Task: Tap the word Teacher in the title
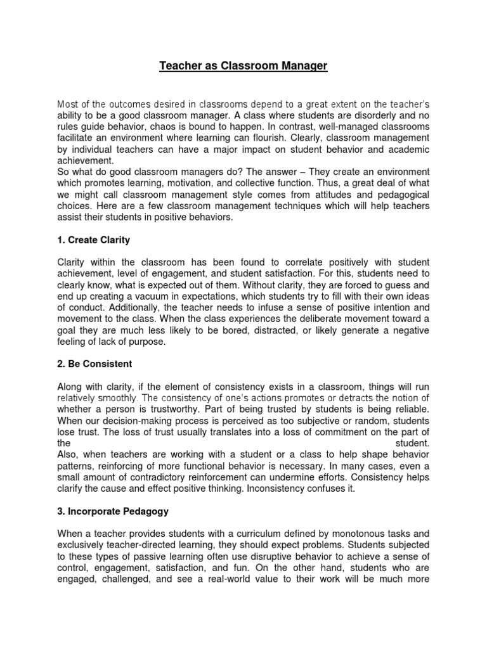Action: (x=179, y=65)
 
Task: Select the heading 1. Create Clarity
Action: (x=93, y=240)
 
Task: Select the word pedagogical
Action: (x=397, y=195)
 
